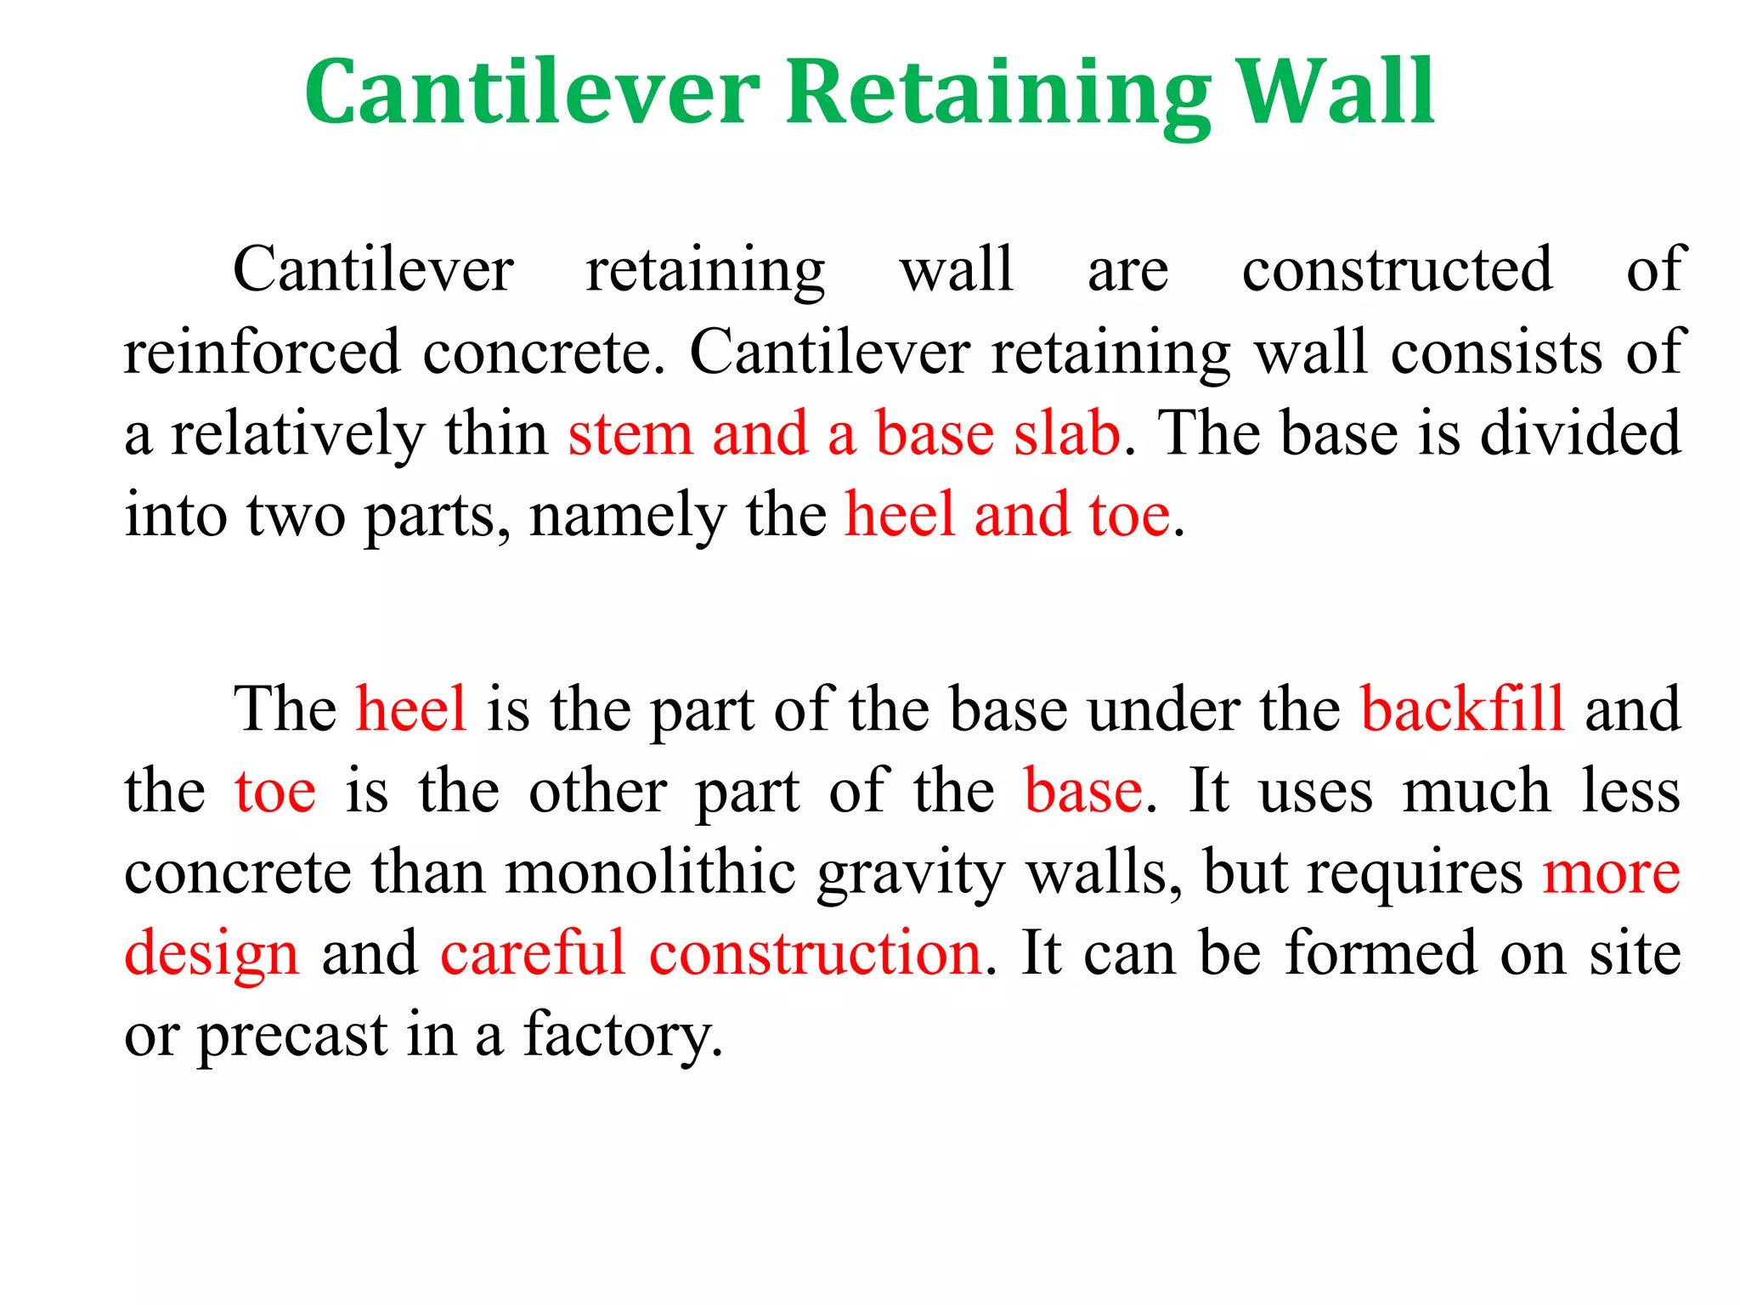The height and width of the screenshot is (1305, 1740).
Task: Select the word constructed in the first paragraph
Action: tap(1398, 270)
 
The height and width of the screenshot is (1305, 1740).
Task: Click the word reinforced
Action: tap(262, 352)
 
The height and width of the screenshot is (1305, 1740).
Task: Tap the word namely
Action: tap(627, 517)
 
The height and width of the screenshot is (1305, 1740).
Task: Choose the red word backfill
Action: tap(1462, 709)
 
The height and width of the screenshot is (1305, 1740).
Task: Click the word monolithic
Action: tap(651, 873)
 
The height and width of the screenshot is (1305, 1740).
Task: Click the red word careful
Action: tap(533, 953)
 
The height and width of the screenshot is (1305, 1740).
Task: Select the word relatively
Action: tap(297, 435)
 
